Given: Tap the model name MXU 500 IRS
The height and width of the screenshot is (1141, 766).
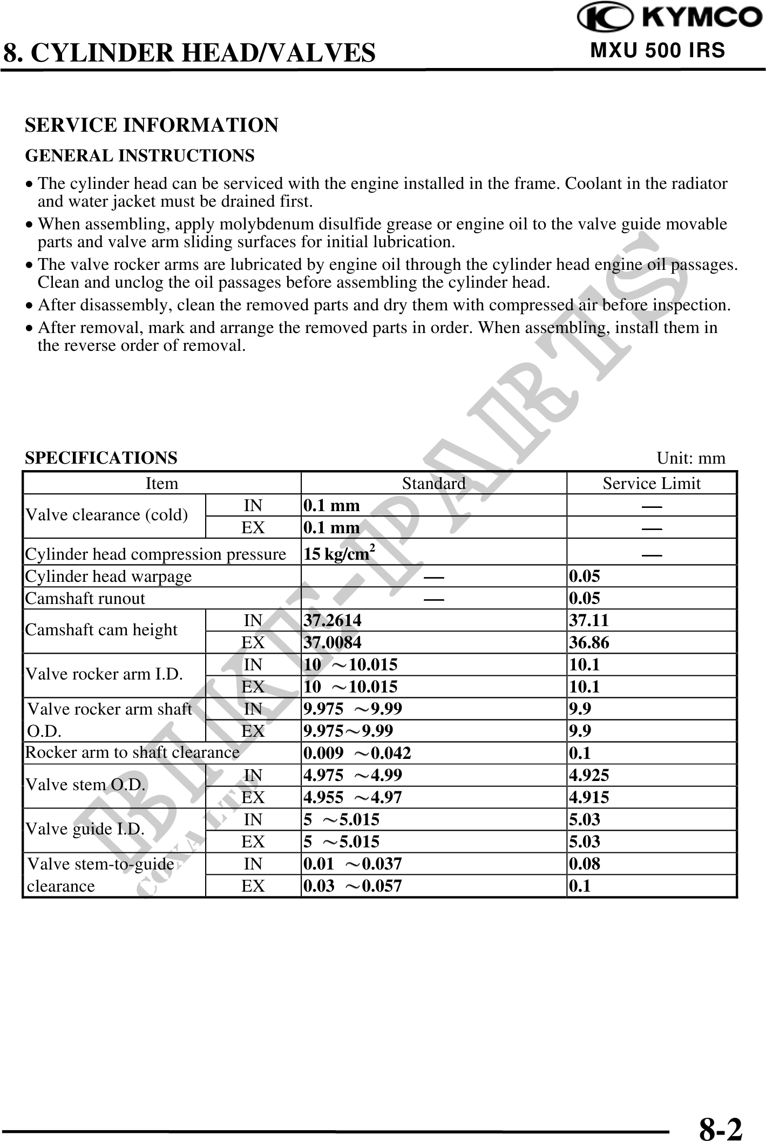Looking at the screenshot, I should coord(657,50).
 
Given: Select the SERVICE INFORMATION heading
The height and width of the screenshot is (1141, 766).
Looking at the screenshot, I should coord(152,125).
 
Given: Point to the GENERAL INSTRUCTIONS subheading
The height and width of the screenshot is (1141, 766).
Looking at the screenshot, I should coord(140,156).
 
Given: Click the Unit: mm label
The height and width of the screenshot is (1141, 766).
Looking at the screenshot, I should coord(691,458).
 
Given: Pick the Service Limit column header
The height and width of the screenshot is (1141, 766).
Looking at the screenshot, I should coord(652,483).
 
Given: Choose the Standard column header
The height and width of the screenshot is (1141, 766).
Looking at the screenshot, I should coord(433,483).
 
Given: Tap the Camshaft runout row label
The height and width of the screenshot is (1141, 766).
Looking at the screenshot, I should coord(85,598).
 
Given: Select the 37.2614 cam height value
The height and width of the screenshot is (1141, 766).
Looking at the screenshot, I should coord(333,621).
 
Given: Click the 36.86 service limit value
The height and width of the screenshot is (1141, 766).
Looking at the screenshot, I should coord(589,643).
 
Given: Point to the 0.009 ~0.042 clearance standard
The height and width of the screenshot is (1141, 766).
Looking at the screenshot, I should coord(357,753).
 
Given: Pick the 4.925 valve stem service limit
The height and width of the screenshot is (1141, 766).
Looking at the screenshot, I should coord(589,775).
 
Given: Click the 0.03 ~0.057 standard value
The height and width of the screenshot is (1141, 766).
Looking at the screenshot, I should coord(353,886).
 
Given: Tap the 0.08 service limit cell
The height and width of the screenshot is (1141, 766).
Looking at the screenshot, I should coord(585,864).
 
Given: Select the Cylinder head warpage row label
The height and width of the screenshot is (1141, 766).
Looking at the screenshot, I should coord(109,576).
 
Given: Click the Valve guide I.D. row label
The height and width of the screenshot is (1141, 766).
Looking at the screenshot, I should coord(85,828).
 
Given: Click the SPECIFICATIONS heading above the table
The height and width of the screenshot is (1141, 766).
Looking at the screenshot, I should coord(101,458).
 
